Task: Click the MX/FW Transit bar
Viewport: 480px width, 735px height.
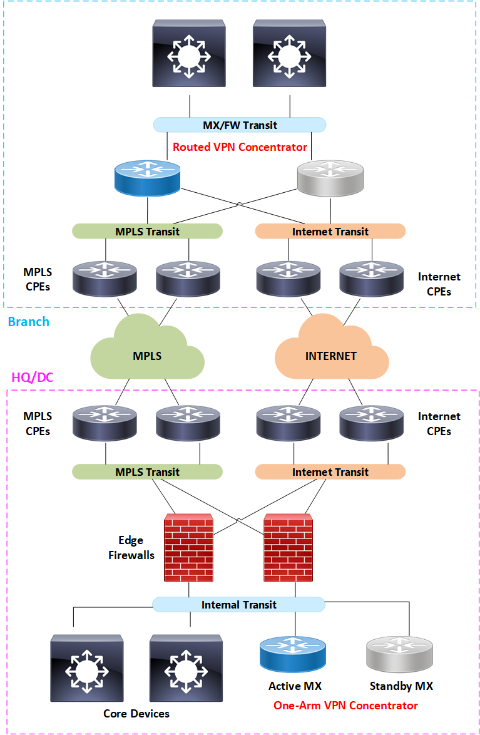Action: pyautogui.click(x=240, y=125)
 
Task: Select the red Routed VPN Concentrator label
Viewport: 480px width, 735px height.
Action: pyautogui.click(x=240, y=147)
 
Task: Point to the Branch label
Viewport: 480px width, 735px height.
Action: pyautogui.click(x=28, y=322)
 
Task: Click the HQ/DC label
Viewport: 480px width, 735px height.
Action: pyautogui.click(x=33, y=378)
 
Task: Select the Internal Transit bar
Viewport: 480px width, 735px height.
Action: pyautogui.click(x=239, y=605)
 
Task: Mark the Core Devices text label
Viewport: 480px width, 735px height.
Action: pyautogui.click(x=136, y=713)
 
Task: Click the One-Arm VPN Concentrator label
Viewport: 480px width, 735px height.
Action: pyautogui.click(x=345, y=706)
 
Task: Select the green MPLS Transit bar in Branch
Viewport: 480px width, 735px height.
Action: pyautogui.click(x=148, y=231)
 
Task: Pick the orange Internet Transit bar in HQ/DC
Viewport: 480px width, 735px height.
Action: pyautogui.click(x=330, y=472)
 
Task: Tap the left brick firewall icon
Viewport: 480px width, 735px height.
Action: pyautogui.click(x=188, y=547)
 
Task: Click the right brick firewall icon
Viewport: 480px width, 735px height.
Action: pyautogui.click(x=288, y=547)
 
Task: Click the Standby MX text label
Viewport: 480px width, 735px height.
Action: pyautogui.click(x=401, y=686)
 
